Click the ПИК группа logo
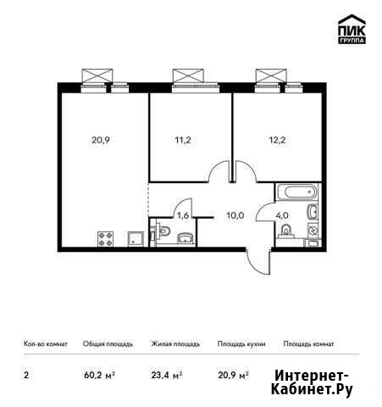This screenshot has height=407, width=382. pos(352,29)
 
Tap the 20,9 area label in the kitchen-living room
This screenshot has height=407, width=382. pos(101,140)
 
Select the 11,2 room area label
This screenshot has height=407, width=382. pos(183,140)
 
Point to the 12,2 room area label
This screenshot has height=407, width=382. pos(277,140)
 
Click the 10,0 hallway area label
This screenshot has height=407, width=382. pos(235,215)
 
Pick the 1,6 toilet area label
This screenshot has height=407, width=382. pos(183,215)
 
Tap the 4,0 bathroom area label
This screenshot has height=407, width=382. pos(282,215)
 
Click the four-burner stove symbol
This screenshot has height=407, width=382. pos(106,239)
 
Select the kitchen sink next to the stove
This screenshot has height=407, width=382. pos(136,239)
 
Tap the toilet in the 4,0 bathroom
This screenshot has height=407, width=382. pos(285,231)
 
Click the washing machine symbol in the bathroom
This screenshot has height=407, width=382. pos(313,230)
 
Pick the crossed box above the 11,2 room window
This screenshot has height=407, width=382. pos(188,75)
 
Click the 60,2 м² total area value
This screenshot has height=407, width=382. pos(99,376)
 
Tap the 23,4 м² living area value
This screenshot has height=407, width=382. pos(167,376)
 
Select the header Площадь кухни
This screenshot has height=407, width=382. pos(241,344)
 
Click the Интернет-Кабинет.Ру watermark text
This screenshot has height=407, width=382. pos(312,382)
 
